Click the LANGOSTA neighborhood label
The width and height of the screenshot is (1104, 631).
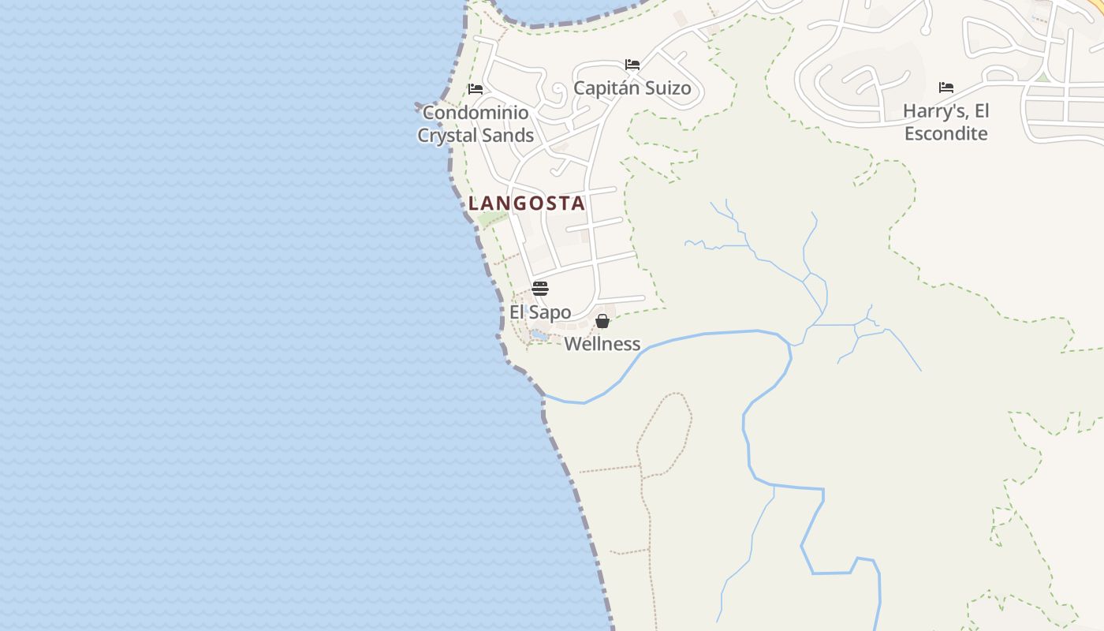[527, 203]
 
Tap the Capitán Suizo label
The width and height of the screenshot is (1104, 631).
[632, 88]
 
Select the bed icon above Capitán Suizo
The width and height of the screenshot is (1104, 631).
[632, 65]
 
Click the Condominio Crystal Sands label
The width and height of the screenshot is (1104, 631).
[476, 124]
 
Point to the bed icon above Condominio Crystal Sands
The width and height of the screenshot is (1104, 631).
[475, 89]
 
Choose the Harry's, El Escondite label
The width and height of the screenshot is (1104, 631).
[945, 122]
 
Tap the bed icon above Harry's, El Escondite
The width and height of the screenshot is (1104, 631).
[946, 88]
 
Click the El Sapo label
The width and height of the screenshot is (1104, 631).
[540, 312]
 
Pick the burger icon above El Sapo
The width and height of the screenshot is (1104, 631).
[540, 289]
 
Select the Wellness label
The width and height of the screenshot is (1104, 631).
[602, 344]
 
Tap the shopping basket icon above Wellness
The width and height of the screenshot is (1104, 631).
[602, 321]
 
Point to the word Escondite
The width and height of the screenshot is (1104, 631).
[945, 133]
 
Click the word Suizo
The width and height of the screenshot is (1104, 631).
[666, 88]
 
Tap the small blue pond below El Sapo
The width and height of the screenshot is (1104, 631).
[539, 335]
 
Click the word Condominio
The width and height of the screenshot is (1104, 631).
[476, 113]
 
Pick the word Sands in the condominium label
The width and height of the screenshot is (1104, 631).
[510, 136]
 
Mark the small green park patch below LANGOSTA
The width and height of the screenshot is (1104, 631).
[489, 218]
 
